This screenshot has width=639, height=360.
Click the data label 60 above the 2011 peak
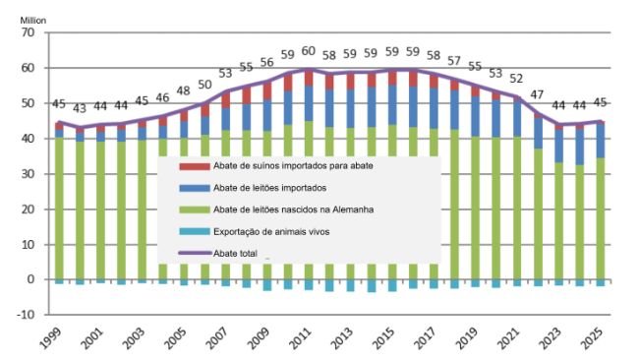308,51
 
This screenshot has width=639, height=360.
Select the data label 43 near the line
81,108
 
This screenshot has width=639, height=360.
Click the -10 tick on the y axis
27,315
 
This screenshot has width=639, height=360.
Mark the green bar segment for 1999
60,208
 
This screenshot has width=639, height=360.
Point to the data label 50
204,86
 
